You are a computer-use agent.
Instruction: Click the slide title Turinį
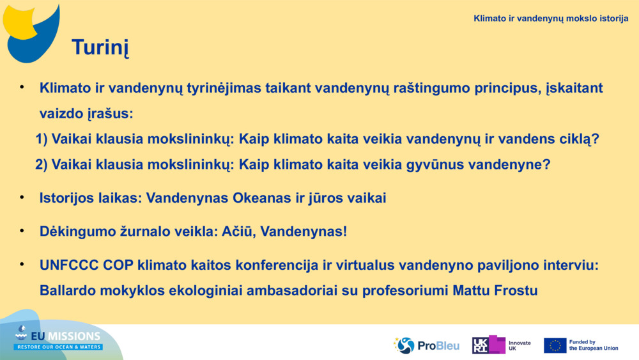point(100,47)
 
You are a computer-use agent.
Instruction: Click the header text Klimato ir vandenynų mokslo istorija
point(551,19)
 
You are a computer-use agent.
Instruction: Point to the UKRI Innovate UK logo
point(502,345)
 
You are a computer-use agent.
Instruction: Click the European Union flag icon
point(555,345)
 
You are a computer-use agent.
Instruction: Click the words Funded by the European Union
point(593,345)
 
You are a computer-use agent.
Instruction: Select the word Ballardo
point(67,290)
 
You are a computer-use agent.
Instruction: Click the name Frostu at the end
point(516,290)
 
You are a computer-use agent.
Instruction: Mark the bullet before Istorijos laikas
point(22,197)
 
